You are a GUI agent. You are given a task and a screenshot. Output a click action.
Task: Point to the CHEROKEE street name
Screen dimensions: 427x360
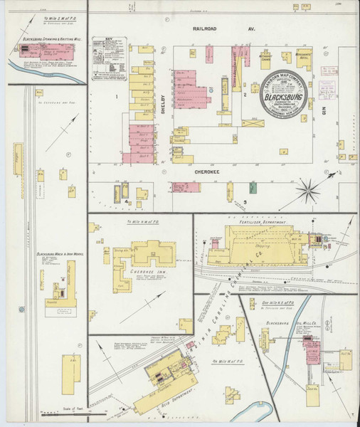click(x=211, y=172)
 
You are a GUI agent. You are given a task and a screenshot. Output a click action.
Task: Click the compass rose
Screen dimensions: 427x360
click(x=310, y=189)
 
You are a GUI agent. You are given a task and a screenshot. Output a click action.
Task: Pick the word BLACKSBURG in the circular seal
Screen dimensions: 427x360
click(x=285, y=93)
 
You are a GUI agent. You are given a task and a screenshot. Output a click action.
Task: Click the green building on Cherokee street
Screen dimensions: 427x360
click(x=253, y=188)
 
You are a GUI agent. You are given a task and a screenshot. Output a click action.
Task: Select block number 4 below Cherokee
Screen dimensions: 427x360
click(x=125, y=201)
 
